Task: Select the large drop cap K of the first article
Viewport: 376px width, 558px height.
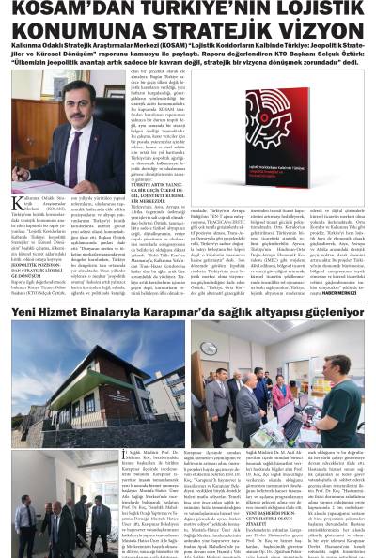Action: tap(17, 204)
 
